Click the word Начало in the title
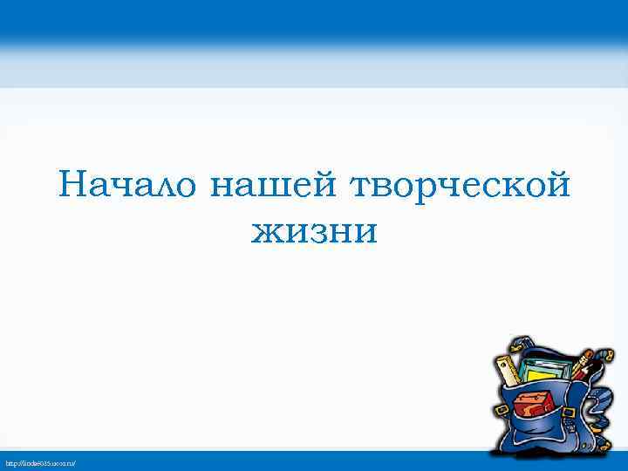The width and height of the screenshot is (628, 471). tap(130, 186)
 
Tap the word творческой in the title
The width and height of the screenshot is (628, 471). tap(461, 186)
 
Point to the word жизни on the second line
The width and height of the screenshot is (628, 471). tap(314, 231)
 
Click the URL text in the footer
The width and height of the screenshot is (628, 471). tap(41, 461)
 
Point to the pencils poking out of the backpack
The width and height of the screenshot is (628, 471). tap(583, 364)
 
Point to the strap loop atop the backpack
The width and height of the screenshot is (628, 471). tap(523, 345)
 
